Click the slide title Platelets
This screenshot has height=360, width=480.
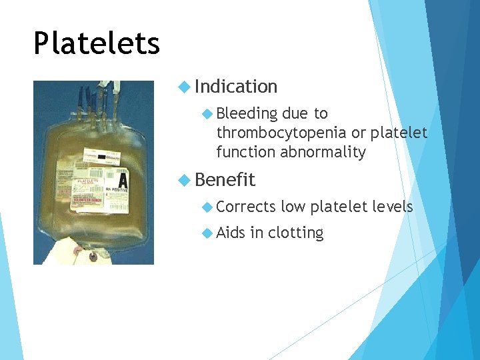pos(97,44)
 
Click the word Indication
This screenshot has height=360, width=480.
pos(236,87)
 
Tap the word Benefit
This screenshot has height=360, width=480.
pos(225,180)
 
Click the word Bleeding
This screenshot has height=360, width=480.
pos(247,114)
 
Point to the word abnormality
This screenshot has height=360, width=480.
pos(323,152)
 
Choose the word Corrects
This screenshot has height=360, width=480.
pos(245,207)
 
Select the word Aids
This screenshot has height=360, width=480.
pos(231,233)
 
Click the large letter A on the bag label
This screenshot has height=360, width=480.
pos(122,181)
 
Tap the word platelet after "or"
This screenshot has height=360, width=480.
pos(399,133)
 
